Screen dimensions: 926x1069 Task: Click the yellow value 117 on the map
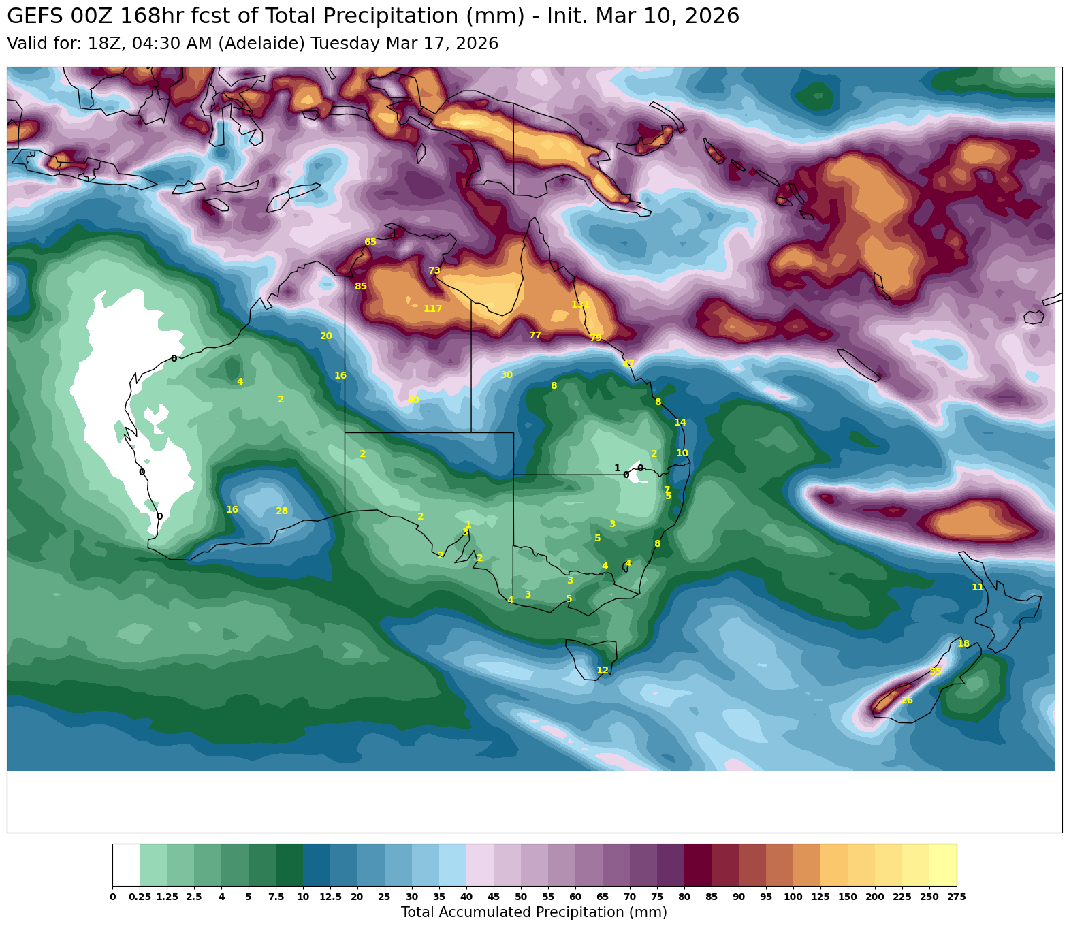432,309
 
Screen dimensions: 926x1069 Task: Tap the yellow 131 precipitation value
580,304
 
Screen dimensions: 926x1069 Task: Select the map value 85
361,287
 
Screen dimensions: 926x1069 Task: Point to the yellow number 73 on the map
434,271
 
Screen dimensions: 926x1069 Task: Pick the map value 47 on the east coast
628,364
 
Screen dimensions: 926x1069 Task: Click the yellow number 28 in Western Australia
282,511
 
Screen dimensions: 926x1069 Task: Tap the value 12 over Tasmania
603,671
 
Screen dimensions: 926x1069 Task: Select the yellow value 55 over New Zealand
936,672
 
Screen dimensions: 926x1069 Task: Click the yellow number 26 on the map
906,701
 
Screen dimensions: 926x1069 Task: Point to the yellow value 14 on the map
680,423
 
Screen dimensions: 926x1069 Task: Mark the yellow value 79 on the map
596,338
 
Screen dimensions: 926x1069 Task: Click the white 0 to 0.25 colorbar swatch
126,865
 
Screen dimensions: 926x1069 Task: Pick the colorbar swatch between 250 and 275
942,865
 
